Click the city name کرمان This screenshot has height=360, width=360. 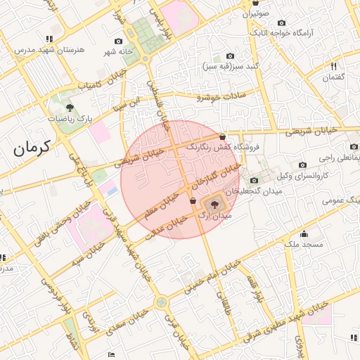coord(32,148)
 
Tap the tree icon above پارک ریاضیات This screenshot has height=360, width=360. coord(70,108)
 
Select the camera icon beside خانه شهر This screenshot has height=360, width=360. coord(129,41)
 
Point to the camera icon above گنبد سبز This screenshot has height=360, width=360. coord(230,56)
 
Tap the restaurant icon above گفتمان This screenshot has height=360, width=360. coord(334,66)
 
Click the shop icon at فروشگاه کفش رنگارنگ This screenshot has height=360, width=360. coord(223,136)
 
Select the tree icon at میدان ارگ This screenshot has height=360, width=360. coord(214,205)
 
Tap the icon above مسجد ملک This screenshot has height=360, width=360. coord(304,234)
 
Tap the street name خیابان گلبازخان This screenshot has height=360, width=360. coord(215,179)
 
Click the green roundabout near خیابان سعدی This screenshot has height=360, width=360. coord(162,302)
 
